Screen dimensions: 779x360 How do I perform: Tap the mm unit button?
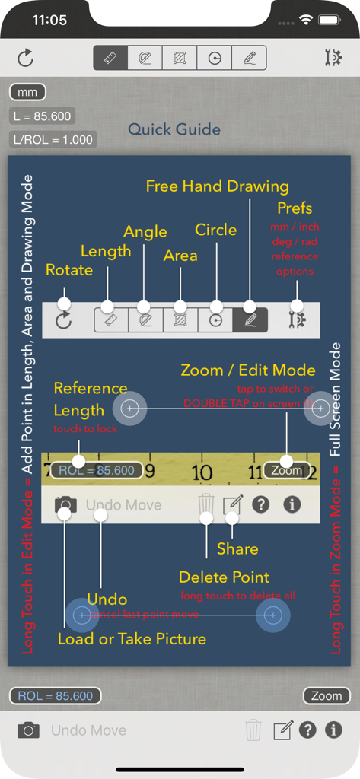27,93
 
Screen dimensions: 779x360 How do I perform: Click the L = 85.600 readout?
42,116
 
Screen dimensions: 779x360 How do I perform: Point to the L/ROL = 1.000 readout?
53,139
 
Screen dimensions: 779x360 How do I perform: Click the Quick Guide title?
174,129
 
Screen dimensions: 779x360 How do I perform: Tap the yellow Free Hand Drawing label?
217,186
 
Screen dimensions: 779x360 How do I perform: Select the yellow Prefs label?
295,208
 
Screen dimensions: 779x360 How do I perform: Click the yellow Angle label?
145,231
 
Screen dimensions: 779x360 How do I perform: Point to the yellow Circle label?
216,229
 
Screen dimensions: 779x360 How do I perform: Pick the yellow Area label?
180,255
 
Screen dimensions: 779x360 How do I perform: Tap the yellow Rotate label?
69,270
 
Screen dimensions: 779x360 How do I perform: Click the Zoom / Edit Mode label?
247,370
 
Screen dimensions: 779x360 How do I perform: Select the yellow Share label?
237,548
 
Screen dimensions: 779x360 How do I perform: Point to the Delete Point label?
224,577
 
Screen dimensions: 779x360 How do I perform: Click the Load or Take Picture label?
132,639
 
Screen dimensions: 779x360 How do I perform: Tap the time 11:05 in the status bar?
50,21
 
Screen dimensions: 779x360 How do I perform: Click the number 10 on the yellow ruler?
202,473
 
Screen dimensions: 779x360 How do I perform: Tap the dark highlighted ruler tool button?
110,58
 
